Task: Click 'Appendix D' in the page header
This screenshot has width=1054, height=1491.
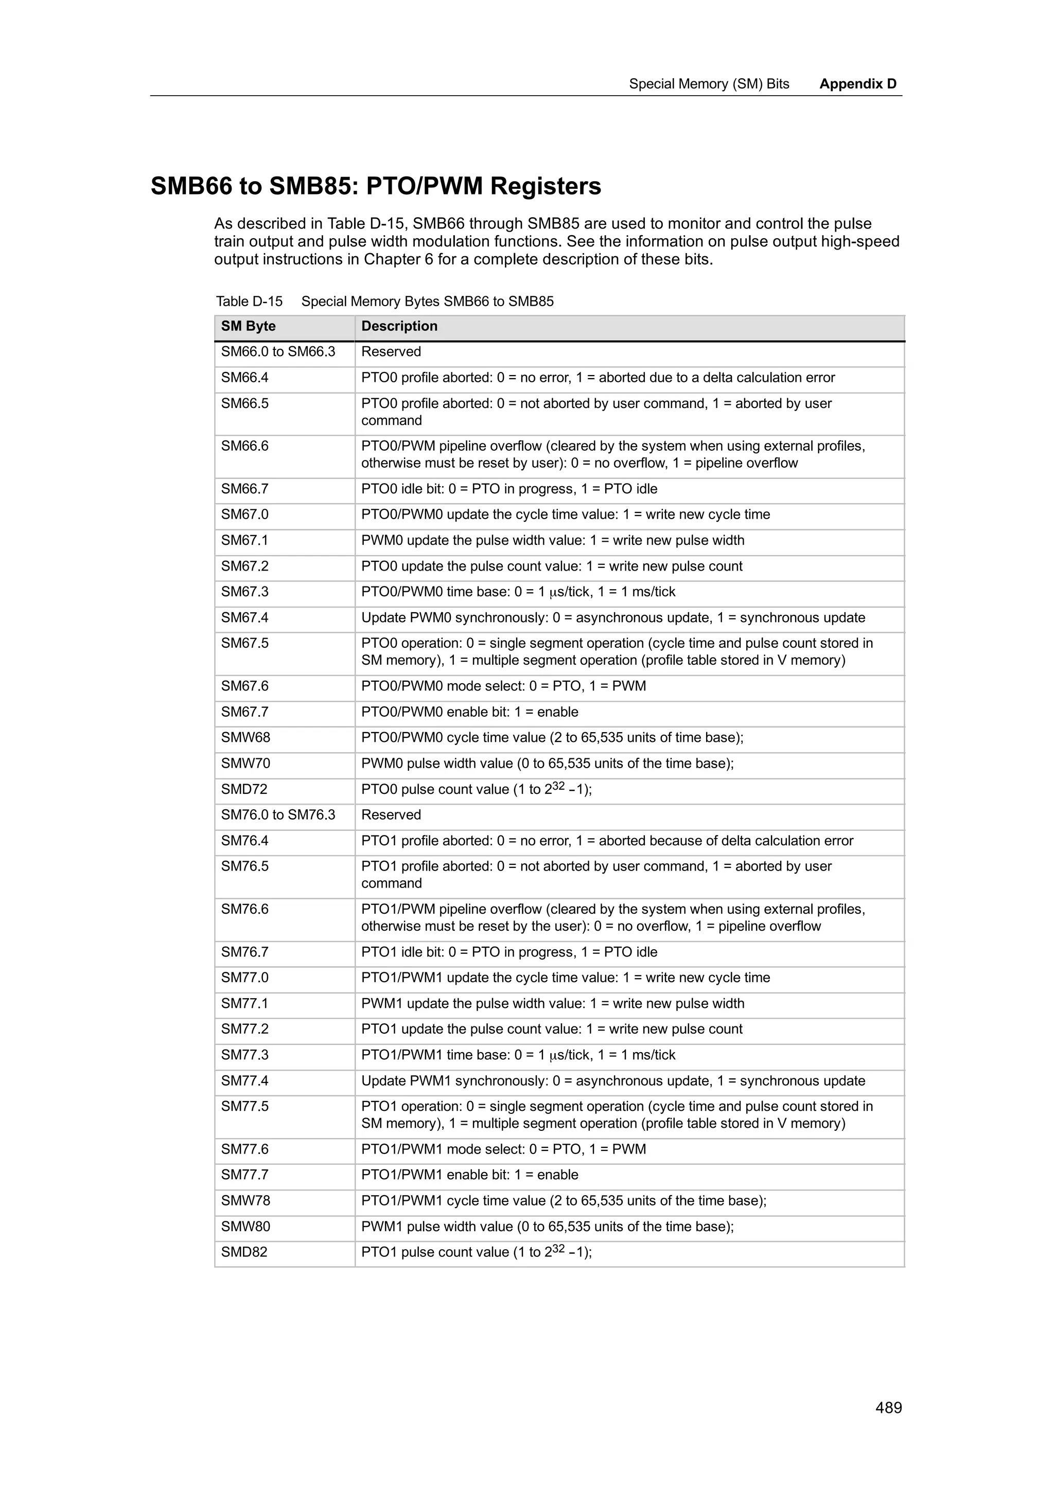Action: point(857,84)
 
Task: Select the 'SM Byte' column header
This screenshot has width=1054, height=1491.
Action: point(248,326)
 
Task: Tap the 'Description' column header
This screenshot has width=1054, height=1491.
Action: point(399,326)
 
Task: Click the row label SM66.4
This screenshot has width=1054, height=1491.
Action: point(245,377)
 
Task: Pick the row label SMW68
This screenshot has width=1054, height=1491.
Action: point(245,737)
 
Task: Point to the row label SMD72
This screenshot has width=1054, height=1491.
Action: point(244,789)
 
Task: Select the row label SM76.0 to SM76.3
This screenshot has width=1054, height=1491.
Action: point(278,814)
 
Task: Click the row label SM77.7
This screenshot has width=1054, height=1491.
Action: point(245,1174)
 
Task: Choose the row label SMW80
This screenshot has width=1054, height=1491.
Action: point(245,1226)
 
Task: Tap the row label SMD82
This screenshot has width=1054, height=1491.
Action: point(244,1251)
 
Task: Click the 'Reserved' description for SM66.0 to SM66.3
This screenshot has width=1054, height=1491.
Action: point(391,351)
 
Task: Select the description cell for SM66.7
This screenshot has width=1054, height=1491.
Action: point(509,489)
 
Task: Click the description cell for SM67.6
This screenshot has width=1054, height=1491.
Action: point(503,686)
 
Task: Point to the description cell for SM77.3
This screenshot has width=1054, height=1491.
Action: point(518,1055)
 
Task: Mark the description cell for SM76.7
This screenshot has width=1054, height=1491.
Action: point(509,952)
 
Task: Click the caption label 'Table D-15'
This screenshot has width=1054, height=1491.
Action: point(250,301)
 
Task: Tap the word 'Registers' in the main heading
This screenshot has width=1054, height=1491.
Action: point(546,186)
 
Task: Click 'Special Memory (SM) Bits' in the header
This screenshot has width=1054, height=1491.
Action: point(709,84)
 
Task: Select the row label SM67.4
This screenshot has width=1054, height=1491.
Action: point(245,617)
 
